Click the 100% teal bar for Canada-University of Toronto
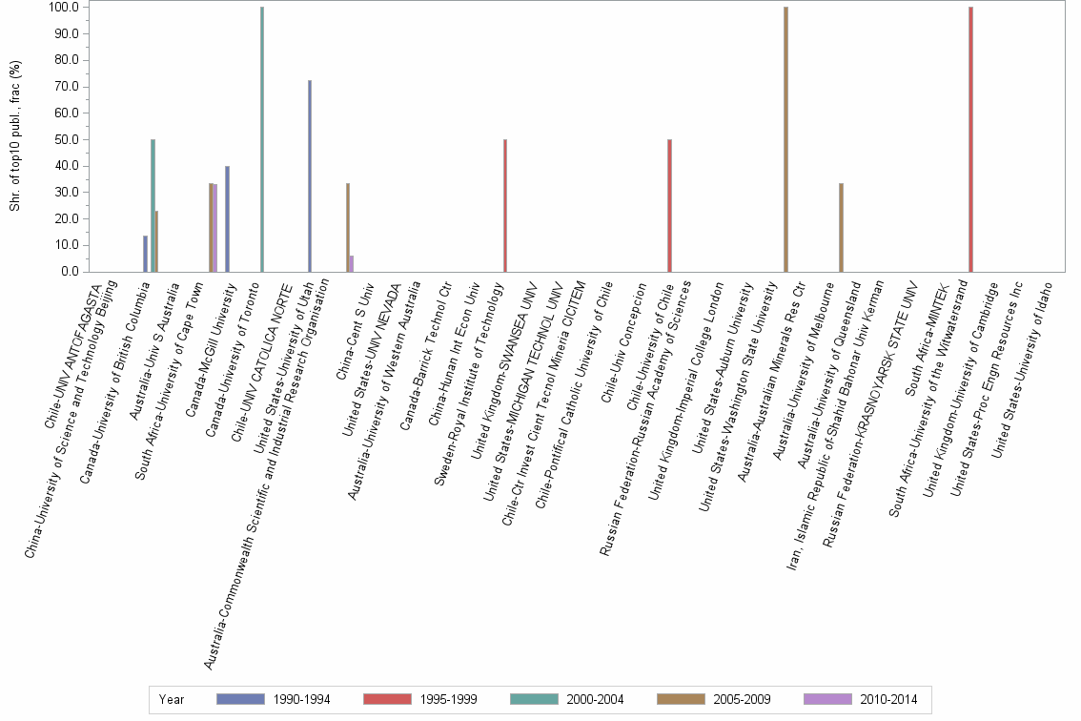262,139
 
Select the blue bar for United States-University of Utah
310,176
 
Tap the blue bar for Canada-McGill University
227,218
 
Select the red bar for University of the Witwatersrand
970,139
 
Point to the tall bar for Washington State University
785,139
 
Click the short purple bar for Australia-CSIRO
352,263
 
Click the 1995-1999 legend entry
419,700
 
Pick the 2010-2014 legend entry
860,700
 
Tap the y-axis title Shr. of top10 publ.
14,139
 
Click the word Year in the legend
173,700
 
